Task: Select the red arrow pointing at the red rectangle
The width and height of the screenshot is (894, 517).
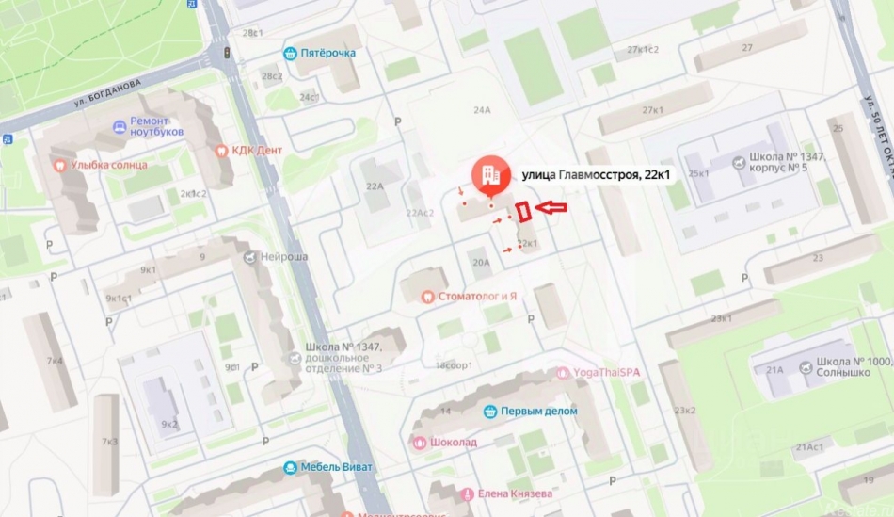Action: [551, 207]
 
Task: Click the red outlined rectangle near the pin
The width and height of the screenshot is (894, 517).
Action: [524, 212]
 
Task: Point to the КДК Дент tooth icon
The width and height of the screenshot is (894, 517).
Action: [223, 150]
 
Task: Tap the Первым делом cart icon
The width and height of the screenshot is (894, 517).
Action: [489, 411]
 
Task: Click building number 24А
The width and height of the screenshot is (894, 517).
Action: [482, 110]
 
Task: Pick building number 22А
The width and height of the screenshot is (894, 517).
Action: [374, 186]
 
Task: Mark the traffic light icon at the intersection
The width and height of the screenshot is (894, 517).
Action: [226, 53]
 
